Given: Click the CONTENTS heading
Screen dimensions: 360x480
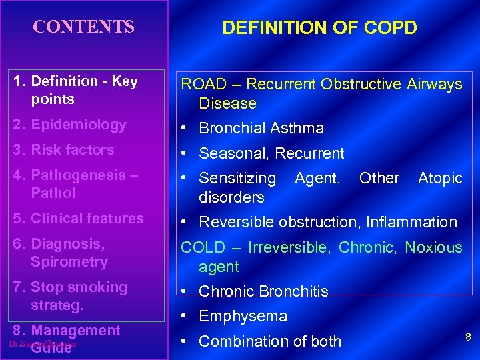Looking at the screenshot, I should (x=84, y=27).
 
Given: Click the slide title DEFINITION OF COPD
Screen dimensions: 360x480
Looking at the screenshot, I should (x=319, y=28).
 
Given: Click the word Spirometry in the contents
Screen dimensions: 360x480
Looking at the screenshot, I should (x=69, y=262).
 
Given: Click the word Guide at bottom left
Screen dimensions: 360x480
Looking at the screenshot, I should (x=51, y=348).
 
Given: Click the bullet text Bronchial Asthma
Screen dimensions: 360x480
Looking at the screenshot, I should (x=261, y=128).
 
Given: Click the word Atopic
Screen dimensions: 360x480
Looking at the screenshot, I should (x=439, y=178).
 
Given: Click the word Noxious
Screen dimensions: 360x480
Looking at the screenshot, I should (x=433, y=248).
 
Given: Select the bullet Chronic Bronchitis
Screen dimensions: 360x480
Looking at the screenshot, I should (x=263, y=291).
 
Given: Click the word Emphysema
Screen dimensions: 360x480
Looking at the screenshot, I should (x=243, y=317).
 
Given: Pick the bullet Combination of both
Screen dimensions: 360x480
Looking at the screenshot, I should (x=270, y=341).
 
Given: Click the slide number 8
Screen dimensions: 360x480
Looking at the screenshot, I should (x=468, y=337).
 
